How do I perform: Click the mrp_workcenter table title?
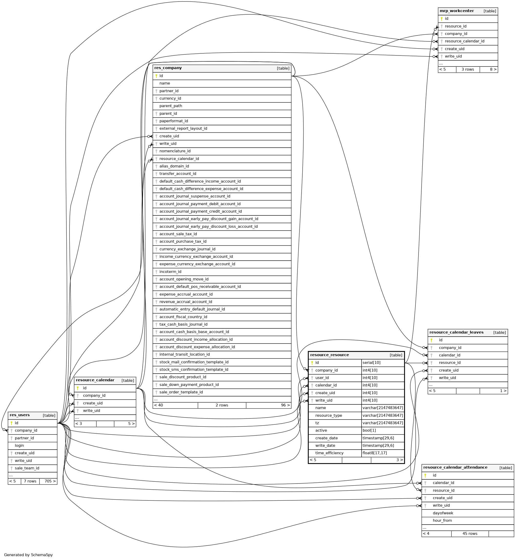[x=457, y=11]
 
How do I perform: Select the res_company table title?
[x=168, y=68]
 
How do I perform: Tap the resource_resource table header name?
[x=329, y=355]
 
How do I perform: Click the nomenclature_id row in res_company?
[x=175, y=151]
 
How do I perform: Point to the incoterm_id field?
[x=170, y=272]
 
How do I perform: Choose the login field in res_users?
[x=19, y=445]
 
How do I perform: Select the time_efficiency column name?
[x=329, y=453]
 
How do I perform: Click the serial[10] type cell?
[x=371, y=362]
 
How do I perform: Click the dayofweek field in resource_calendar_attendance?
[x=443, y=513]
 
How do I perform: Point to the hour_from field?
[x=442, y=520]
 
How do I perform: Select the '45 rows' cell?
[x=470, y=534]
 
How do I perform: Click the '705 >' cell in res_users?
[x=50, y=481]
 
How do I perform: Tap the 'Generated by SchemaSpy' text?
[x=28, y=555]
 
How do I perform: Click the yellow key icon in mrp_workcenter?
[x=442, y=19]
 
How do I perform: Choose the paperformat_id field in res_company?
[x=174, y=121]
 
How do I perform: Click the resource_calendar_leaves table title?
[x=456, y=332]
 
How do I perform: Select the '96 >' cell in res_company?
[x=285, y=405]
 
